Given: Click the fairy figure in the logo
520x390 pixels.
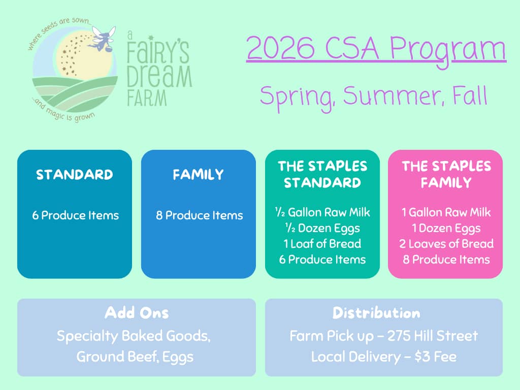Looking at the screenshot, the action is [102, 39].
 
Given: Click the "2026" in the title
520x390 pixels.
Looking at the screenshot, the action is [280, 48].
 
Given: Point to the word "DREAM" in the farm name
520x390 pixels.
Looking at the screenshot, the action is [159, 77].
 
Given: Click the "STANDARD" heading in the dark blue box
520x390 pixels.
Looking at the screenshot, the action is [75, 175].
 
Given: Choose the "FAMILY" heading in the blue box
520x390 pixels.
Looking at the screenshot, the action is [199, 175].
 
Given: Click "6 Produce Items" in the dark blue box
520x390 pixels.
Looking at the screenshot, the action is [75, 215].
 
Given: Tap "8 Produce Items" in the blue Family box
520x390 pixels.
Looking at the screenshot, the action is [199, 215].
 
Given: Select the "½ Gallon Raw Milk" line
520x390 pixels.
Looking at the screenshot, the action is [322, 212].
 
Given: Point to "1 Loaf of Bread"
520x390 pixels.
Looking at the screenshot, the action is [322, 244].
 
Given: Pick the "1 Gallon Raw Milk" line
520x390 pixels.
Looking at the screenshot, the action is [446, 212].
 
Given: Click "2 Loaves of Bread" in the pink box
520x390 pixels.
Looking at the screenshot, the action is [446, 244].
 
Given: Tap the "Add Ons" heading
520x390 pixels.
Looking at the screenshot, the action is [137, 313].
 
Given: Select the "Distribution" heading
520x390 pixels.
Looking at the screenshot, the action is [376, 313].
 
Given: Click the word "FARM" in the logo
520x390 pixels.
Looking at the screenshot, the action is [147, 98].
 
